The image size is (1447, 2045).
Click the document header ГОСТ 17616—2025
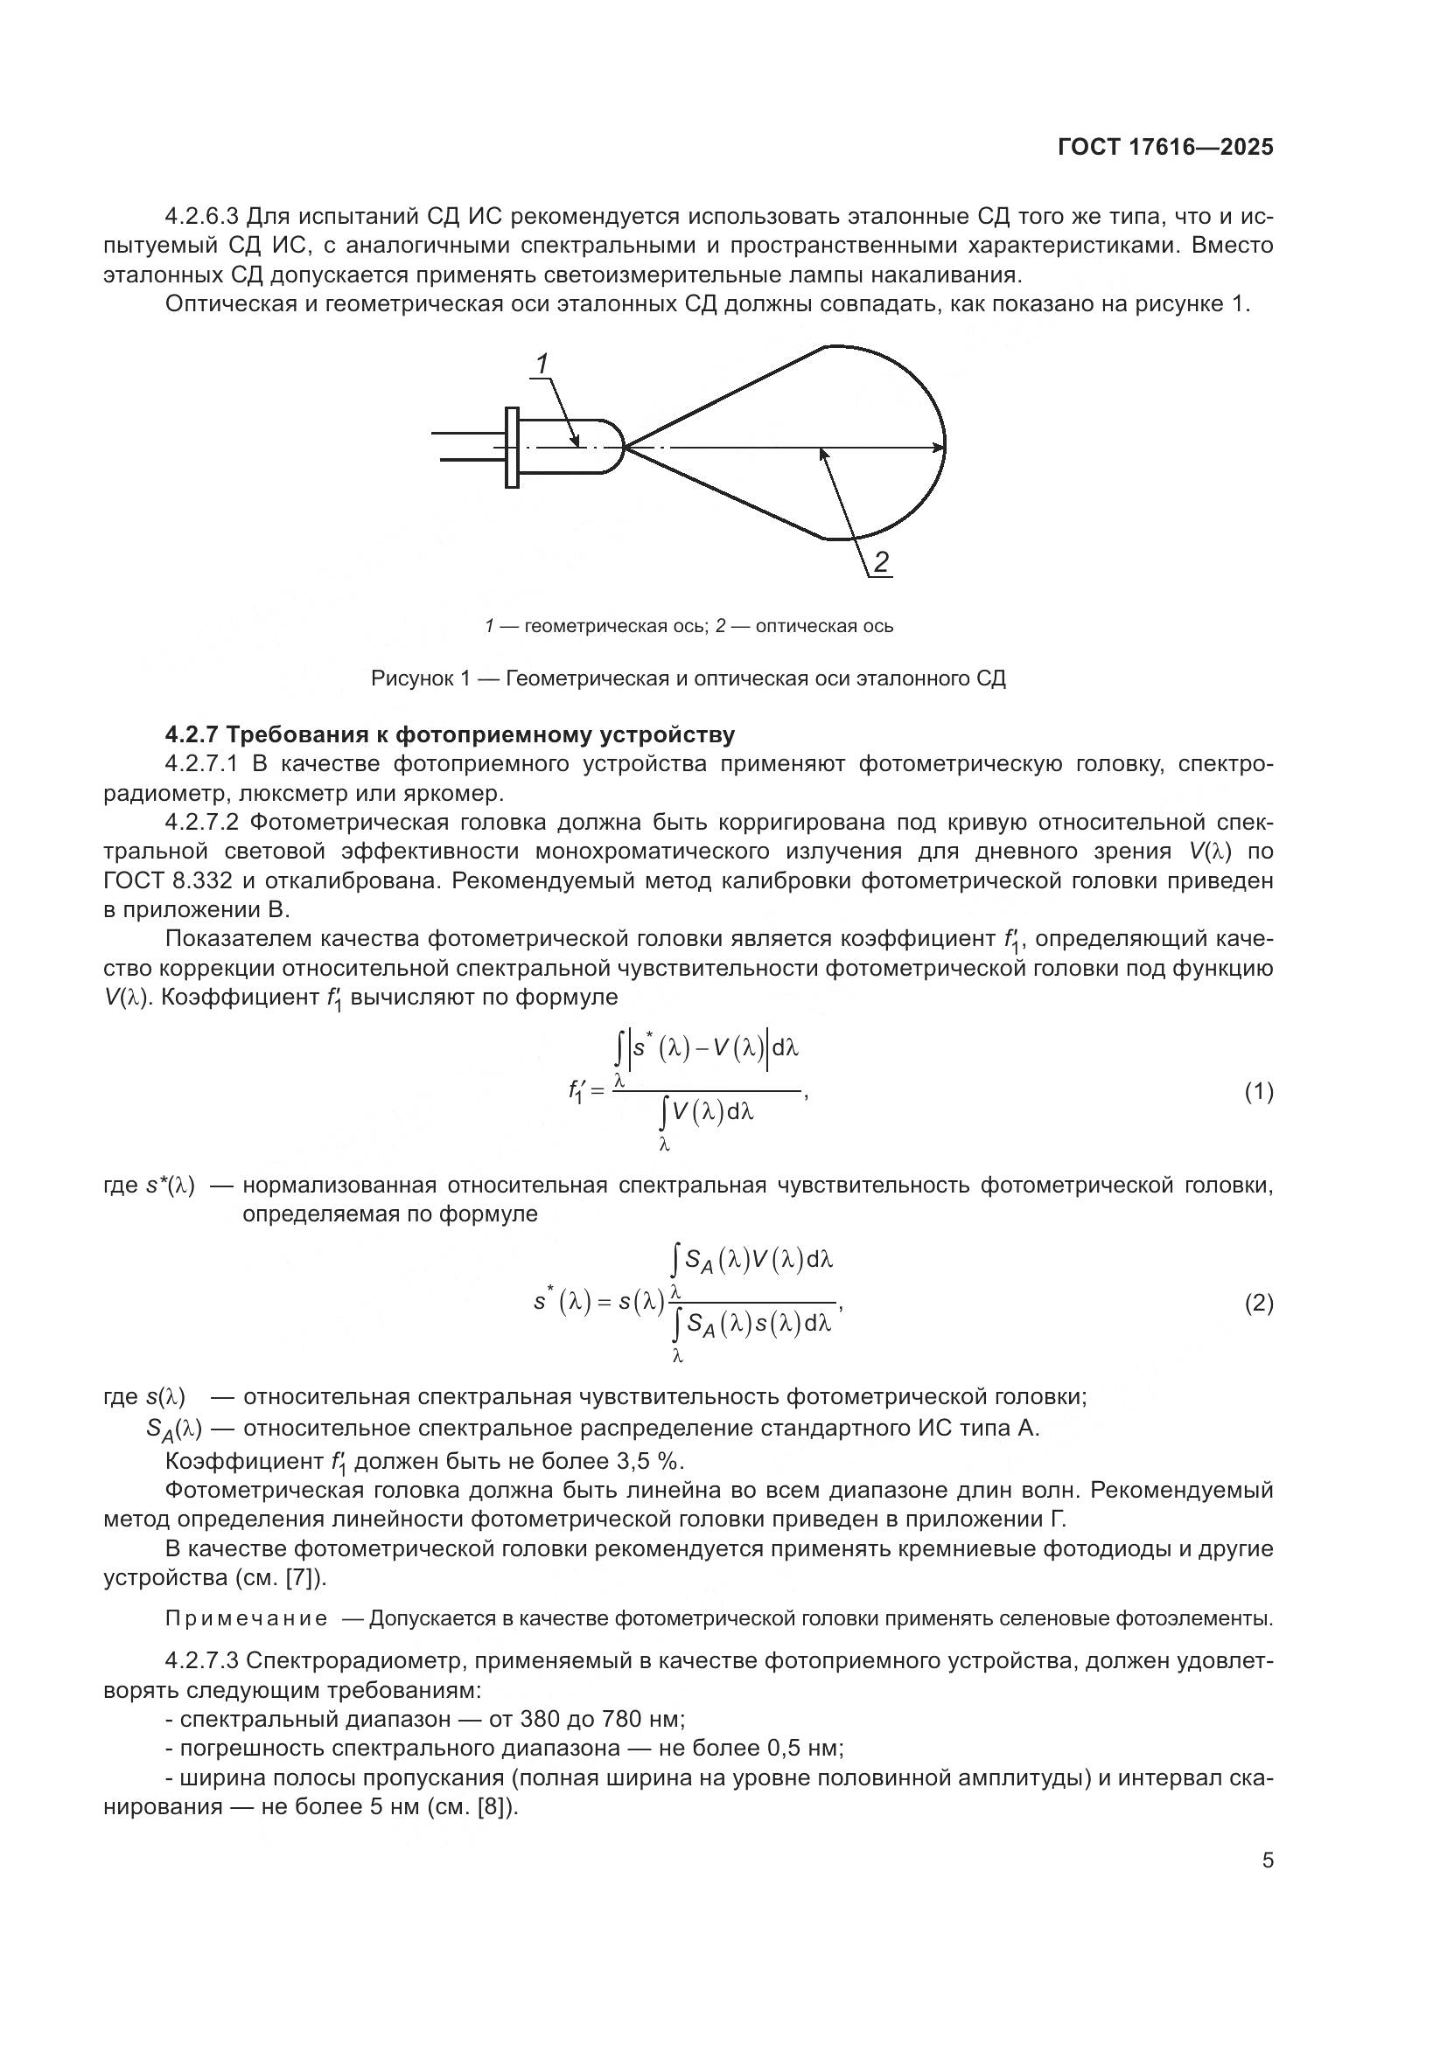(x=1165, y=148)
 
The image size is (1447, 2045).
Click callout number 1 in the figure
(x=542, y=364)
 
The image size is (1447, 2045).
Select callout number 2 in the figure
(x=880, y=562)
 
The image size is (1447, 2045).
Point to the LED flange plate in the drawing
(x=512, y=447)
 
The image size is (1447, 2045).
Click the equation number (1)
(x=1258, y=1092)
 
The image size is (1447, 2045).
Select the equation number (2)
(x=1258, y=1304)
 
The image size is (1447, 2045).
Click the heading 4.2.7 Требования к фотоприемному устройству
(x=450, y=734)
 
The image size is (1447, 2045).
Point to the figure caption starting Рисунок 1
(x=688, y=678)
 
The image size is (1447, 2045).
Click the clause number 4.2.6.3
(x=202, y=217)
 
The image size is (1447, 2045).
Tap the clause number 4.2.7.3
(x=202, y=1660)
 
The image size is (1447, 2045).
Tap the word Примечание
(x=246, y=1617)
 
